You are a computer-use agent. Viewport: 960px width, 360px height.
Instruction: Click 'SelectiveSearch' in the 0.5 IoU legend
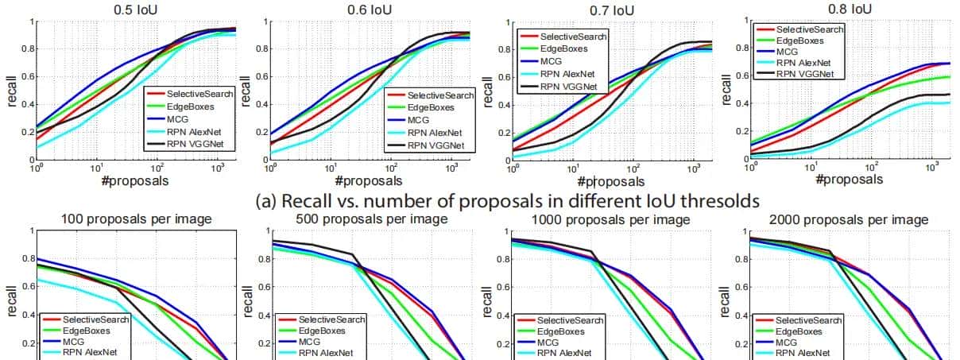click(x=195, y=94)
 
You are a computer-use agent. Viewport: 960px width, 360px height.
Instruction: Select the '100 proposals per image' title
click(x=136, y=219)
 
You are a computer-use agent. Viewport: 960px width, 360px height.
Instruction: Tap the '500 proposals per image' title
click(x=371, y=219)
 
